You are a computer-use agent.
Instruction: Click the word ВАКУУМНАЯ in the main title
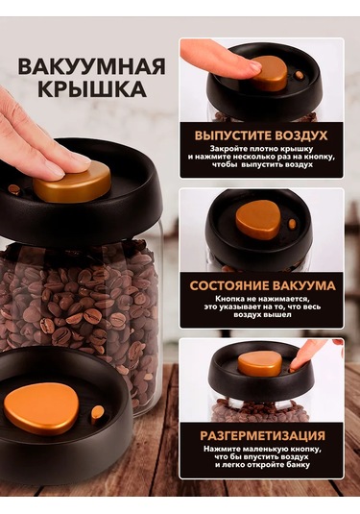pyautogui.click(x=91, y=67)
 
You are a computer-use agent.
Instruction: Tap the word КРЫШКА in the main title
pyautogui.click(x=92, y=88)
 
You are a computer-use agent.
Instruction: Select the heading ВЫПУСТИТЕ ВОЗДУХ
pyautogui.click(x=261, y=135)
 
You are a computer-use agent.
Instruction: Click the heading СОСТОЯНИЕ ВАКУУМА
pyautogui.click(x=263, y=285)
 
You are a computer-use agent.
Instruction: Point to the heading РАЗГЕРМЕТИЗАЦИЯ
pyautogui.click(x=263, y=435)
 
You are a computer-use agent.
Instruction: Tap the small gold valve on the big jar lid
pyautogui.click(x=14, y=189)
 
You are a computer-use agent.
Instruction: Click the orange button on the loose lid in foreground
pyautogui.click(x=41, y=409)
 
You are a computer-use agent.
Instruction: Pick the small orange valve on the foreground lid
pyautogui.click(x=97, y=414)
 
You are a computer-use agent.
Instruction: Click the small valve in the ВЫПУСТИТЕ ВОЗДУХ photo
pyautogui.click(x=300, y=75)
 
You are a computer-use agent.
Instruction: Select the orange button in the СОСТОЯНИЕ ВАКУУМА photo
pyautogui.click(x=258, y=220)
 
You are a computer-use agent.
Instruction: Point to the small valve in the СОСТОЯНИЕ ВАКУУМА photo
pyautogui.click(x=292, y=224)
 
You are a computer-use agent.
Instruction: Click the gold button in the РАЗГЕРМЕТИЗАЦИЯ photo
pyautogui.click(x=259, y=363)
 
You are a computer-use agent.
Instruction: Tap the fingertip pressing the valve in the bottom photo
pyautogui.click(x=296, y=364)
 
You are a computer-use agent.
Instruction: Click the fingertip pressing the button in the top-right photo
pyautogui.click(x=252, y=65)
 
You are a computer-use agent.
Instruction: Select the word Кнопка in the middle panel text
pyautogui.click(x=229, y=300)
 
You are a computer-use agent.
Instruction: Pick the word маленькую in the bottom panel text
pyautogui.click(x=262, y=449)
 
